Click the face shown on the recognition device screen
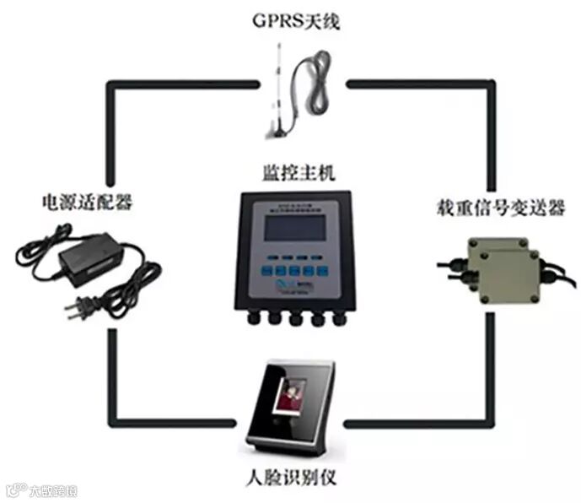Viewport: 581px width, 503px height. click(290, 398)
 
